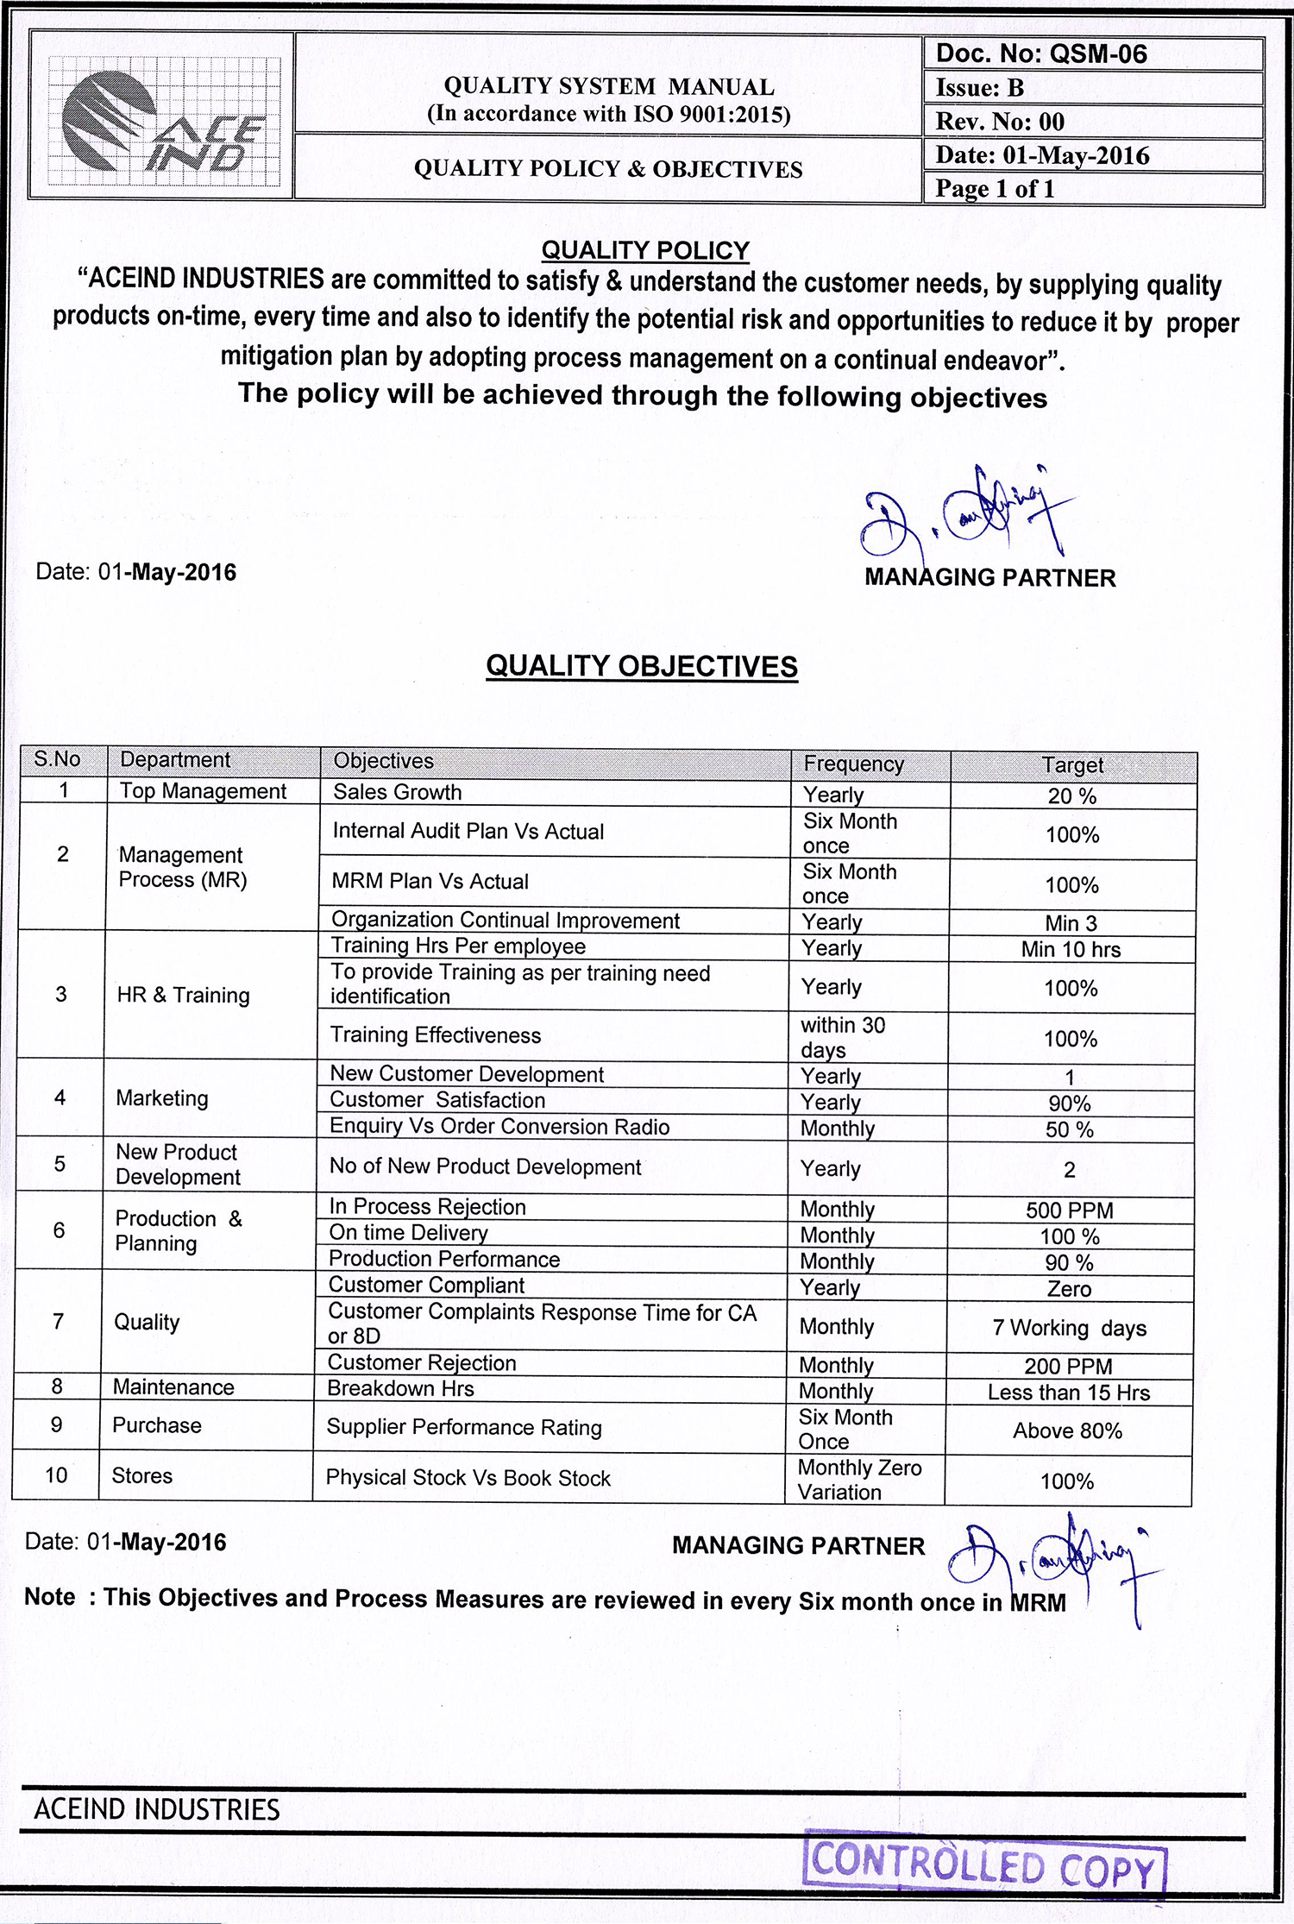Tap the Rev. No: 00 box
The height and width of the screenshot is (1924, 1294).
tap(1000, 122)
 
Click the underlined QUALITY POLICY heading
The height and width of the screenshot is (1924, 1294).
tap(645, 250)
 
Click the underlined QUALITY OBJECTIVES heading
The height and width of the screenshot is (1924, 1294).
tap(642, 666)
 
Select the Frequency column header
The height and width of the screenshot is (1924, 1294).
tap(854, 764)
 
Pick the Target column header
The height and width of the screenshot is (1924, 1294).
tap(1072, 765)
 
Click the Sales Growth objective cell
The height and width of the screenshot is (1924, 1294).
tap(398, 792)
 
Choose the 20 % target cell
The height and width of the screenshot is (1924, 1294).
tap(1072, 796)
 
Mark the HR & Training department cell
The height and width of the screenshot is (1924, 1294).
tap(184, 995)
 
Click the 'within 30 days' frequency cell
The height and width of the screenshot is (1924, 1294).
tap(843, 1037)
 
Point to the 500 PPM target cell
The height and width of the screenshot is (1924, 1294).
tap(1070, 1210)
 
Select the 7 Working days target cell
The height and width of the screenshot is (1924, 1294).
tap(1070, 1328)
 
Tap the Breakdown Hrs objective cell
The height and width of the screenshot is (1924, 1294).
tap(401, 1388)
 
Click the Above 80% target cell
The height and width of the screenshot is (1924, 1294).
tap(1068, 1430)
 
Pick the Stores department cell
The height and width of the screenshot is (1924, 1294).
tap(142, 1475)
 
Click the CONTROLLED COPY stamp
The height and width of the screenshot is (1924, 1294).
tap(983, 1866)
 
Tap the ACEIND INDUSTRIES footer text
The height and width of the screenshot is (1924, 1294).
tap(157, 1809)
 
